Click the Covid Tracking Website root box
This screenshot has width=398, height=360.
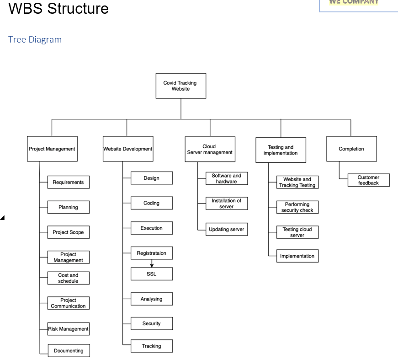[180, 86]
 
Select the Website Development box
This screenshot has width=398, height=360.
[128, 149]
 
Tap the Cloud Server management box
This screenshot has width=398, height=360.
[210, 149]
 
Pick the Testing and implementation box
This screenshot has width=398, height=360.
[281, 150]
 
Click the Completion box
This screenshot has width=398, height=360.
[351, 149]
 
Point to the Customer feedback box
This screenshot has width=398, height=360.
[368, 180]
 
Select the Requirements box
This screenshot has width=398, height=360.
[69, 182]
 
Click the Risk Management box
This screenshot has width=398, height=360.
[69, 329]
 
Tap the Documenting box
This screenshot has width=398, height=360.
[69, 351]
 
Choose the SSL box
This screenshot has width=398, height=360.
[152, 274]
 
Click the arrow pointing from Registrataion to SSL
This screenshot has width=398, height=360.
[152, 264]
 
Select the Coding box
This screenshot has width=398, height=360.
[152, 203]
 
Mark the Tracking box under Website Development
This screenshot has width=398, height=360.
[152, 346]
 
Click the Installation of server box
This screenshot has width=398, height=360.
[227, 204]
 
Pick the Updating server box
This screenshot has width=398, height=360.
[227, 230]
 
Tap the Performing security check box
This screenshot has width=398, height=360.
[297, 207]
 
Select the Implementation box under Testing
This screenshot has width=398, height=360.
[297, 256]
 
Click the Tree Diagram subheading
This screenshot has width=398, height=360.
[35, 40]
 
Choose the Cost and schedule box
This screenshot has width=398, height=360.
[69, 278]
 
